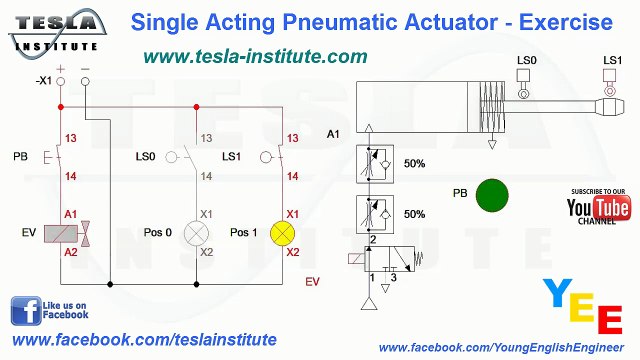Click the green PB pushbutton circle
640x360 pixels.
(x=491, y=195)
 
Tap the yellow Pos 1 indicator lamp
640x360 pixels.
(x=285, y=233)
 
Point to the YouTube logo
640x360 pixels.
(x=598, y=208)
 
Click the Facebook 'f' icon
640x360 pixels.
(x=26, y=311)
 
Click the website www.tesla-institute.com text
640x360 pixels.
(x=255, y=57)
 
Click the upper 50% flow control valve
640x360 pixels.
(x=372, y=163)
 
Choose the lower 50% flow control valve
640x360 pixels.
(x=372, y=213)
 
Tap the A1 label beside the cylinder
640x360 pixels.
(x=334, y=133)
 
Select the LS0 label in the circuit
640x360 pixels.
(x=145, y=157)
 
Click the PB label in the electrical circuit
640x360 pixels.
(x=21, y=157)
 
